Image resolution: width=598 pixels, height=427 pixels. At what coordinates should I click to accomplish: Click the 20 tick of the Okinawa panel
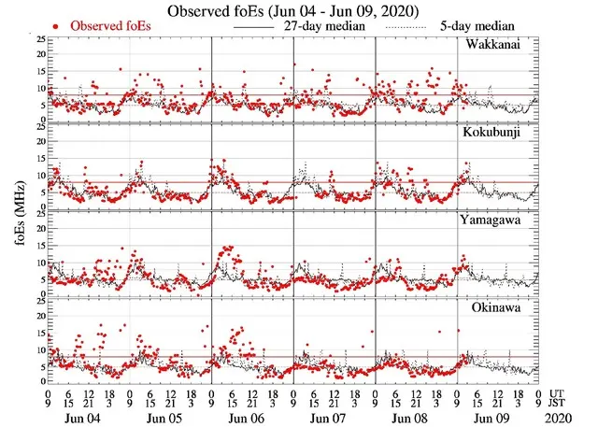[37, 317]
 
